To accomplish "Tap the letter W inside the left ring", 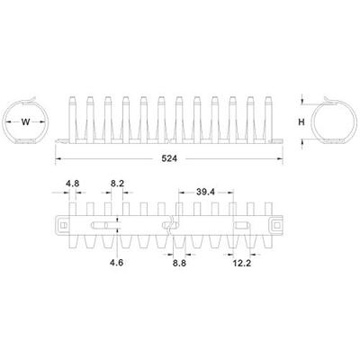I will (26, 122).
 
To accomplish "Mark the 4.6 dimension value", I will (117, 262).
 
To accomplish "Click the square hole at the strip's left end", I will (66, 222).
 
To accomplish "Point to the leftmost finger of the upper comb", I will (72, 117).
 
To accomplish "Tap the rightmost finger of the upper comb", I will (266, 117).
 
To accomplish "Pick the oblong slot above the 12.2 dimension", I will (240, 222).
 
